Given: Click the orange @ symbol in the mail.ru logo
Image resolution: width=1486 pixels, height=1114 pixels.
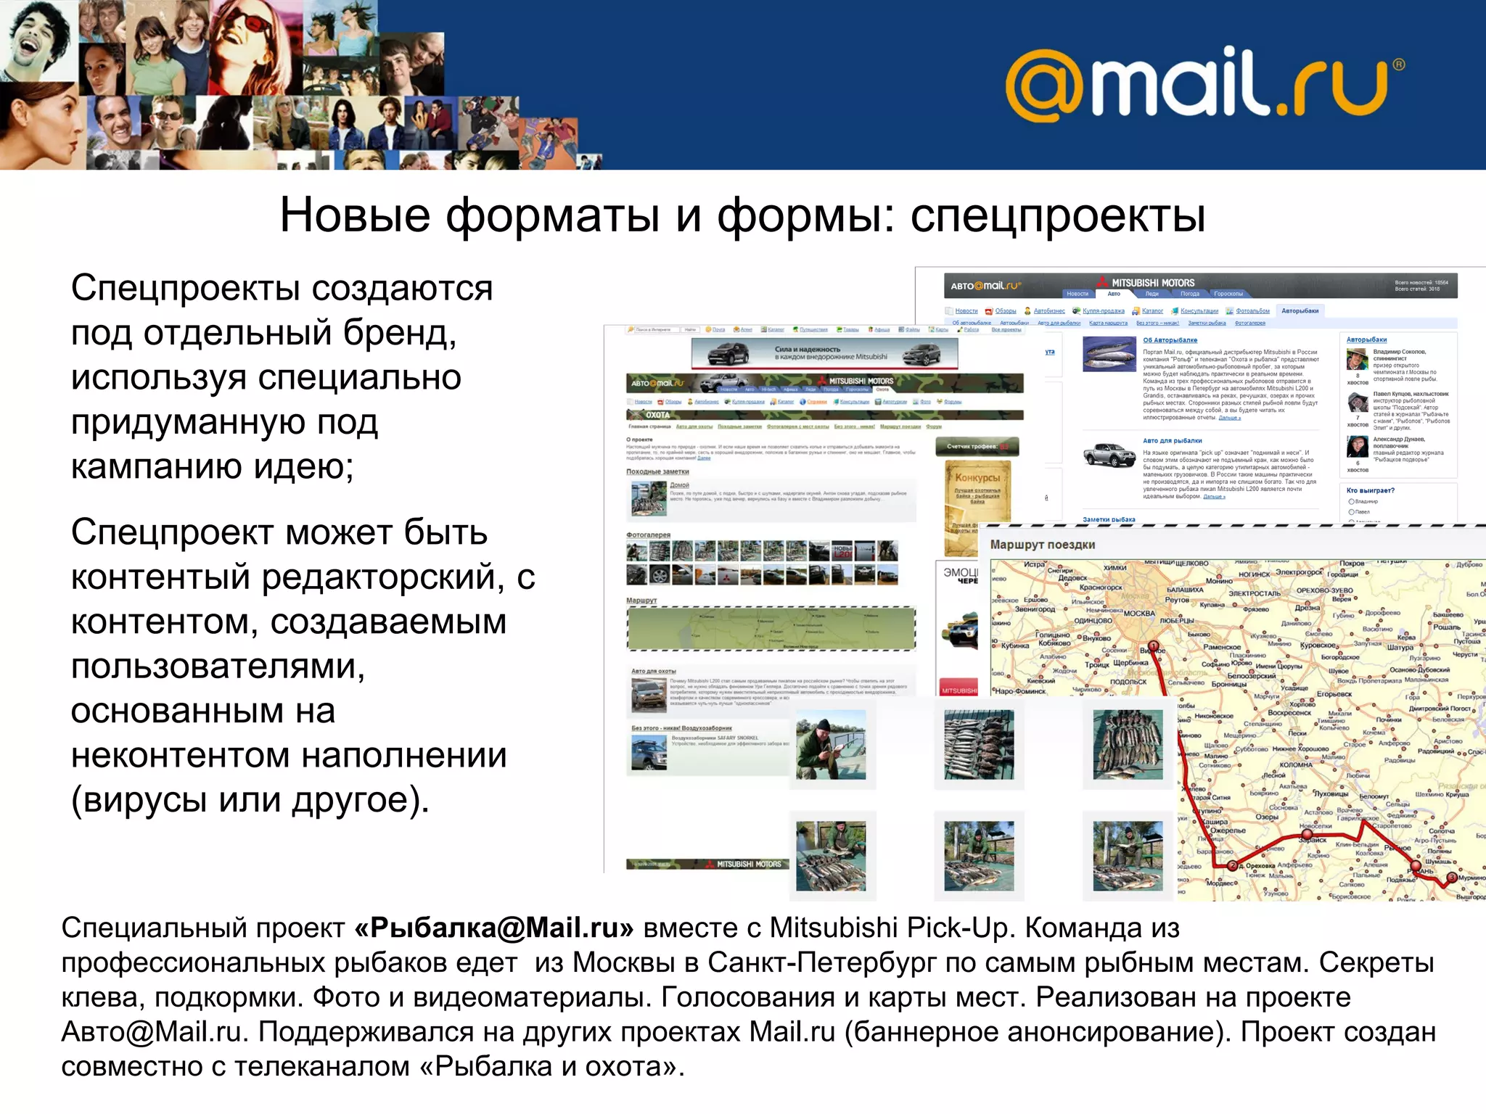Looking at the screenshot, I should point(1045,86).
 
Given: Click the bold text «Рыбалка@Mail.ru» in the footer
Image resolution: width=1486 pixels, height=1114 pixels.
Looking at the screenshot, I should point(494,928).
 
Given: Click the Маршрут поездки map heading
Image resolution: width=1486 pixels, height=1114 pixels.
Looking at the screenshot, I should point(1042,545).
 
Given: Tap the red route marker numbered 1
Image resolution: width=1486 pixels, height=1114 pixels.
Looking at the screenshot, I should point(1153,645).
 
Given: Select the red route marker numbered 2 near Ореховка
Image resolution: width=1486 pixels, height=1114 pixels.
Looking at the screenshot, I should point(1232,865).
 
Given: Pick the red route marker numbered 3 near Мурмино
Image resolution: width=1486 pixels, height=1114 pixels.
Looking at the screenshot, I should point(1450,878).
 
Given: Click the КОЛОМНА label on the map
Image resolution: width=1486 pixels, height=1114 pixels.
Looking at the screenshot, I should point(1295,764).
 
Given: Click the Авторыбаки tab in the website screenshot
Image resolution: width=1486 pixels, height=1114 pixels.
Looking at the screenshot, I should point(1300,311).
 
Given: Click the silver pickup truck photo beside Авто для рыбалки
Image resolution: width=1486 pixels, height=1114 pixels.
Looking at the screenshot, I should point(1109,455).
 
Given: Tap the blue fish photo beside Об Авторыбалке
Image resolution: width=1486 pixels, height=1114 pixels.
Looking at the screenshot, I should point(1109,354).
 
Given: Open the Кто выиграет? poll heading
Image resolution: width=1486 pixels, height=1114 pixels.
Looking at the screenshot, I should point(1370,490).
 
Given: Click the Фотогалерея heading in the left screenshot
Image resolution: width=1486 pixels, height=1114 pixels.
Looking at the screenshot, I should point(648,535).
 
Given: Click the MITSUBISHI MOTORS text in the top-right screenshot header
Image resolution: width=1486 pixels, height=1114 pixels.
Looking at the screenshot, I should point(1152,283).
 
